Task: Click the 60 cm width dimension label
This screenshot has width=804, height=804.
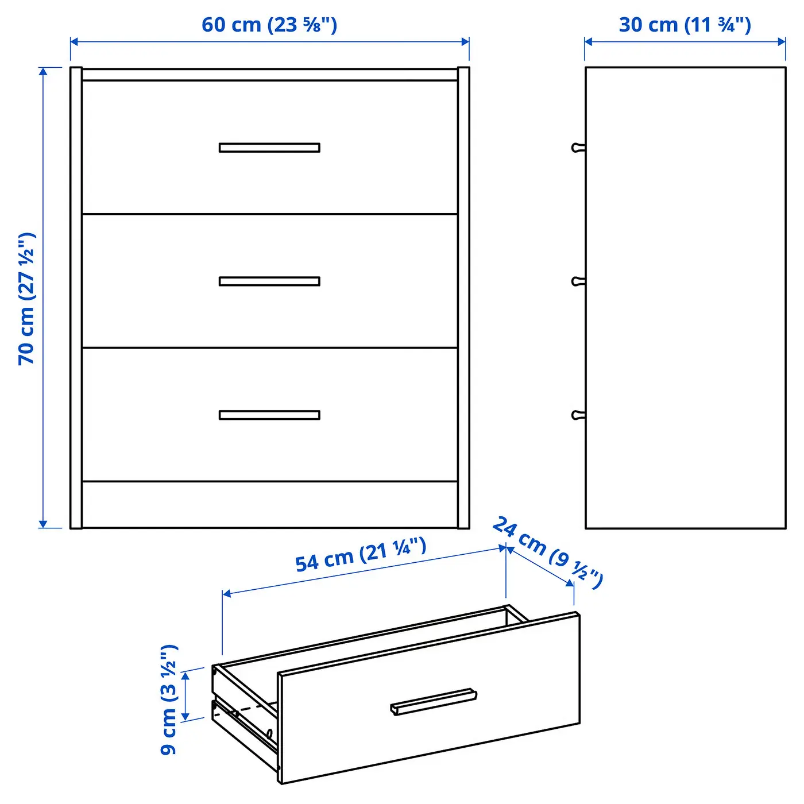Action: (x=269, y=25)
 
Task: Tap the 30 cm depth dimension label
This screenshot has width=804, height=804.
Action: (x=685, y=25)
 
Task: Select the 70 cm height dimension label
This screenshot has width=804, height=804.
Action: (x=26, y=299)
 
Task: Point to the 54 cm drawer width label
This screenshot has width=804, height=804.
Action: (x=361, y=555)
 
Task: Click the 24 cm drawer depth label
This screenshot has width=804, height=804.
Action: (x=548, y=552)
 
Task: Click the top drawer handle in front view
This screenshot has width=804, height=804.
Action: (x=269, y=148)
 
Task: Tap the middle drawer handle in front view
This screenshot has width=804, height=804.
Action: (x=269, y=281)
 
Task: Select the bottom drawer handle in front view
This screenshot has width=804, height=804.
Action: (x=269, y=415)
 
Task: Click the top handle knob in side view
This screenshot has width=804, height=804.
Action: (x=578, y=148)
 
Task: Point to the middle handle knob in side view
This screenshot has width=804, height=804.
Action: (x=578, y=281)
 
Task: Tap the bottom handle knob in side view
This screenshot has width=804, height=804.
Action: (x=578, y=415)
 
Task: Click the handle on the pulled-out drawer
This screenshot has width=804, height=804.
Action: (x=434, y=701)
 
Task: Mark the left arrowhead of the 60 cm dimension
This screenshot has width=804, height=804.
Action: (x=74, y=42)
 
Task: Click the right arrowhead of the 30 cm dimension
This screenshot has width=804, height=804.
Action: (x=782, y=42)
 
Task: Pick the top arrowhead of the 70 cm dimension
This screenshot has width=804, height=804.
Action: (x=43, y=72)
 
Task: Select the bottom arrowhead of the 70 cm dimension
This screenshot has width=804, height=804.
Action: (x=43, y=524)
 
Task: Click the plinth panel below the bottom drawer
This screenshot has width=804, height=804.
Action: (x=270, y=504)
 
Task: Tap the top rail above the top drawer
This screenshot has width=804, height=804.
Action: (x=270, y=75)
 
